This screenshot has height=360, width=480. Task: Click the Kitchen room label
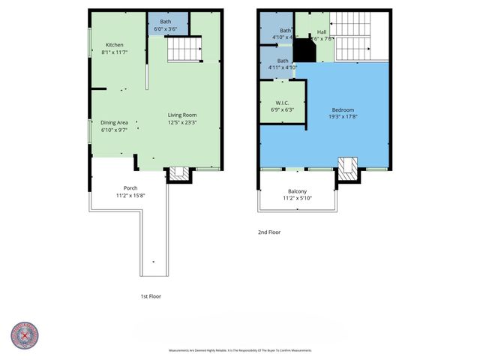[x=114, y=45]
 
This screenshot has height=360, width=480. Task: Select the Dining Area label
[x=114, y=122]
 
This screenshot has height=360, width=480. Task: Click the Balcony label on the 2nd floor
[x=297, y=191]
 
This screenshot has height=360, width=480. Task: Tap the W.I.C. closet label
[x=282, y=103]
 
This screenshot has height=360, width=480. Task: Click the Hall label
[x=322, y=32]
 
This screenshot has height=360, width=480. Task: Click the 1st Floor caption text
[x=151, y=296]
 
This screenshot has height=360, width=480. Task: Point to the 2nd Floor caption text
[x=268, y=232]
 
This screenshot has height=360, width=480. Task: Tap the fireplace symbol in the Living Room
[x=178, y=173]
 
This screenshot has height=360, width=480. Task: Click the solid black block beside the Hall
[x=304, y=51]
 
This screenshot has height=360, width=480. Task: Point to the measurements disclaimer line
[x=239, y=350]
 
